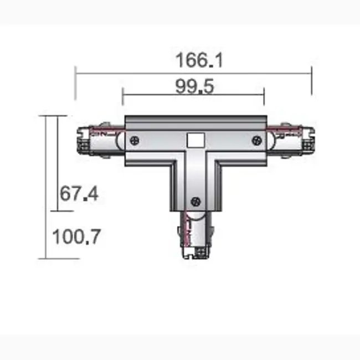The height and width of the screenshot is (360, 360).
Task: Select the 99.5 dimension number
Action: tap(194, 86)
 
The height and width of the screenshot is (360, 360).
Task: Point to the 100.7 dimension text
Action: tap(76, 237)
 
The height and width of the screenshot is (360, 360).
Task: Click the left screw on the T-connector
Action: tap(135, 141)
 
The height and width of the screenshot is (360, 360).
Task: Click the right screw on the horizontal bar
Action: tap(256, 141)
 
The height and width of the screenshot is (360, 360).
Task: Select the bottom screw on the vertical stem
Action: tap(194, 200)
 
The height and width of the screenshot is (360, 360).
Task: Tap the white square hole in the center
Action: tap(194, 140)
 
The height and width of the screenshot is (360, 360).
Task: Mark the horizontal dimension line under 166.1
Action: tap(194, 71)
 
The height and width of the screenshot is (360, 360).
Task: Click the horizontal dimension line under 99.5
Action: tap(194, 95)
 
